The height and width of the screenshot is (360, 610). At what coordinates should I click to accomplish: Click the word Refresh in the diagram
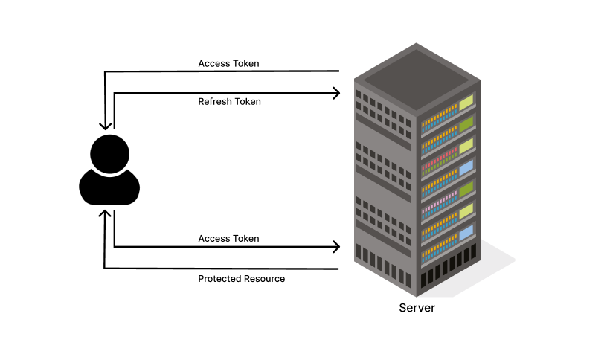(214, 101)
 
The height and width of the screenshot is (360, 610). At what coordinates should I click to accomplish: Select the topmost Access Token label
(228, 63)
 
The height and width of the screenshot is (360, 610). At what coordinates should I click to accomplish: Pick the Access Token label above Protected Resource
(228, 238)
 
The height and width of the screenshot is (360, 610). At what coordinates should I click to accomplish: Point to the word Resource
(264, 279)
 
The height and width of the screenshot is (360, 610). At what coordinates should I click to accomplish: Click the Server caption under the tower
(417, 307)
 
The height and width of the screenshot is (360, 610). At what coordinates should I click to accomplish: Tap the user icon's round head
(109, 154)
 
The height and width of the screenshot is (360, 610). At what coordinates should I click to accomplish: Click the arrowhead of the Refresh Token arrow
(337, 93)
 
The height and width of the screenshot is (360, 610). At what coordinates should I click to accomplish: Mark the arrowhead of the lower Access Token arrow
(337, 246)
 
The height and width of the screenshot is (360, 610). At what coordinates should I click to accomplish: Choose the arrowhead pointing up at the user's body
(105, 213)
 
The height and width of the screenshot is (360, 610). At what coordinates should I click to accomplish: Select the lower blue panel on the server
(466, 236)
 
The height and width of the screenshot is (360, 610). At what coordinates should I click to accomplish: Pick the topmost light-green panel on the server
(466, 101)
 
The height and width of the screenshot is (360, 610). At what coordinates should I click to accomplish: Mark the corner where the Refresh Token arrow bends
(115, 93)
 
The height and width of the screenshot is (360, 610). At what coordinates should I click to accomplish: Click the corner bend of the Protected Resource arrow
(105, 268)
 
